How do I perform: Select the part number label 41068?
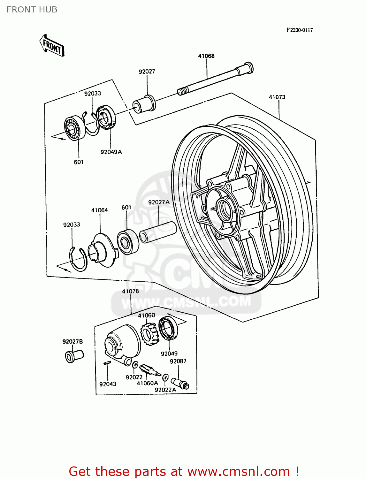pos(206,56)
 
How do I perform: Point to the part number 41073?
pos(277,97)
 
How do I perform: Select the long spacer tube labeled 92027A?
pos(158,232)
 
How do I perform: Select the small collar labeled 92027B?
pos(74,356)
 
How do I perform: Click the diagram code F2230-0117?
pos(300,30)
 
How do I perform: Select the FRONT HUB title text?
pos(32,10)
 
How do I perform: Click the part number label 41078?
pos(130,291)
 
